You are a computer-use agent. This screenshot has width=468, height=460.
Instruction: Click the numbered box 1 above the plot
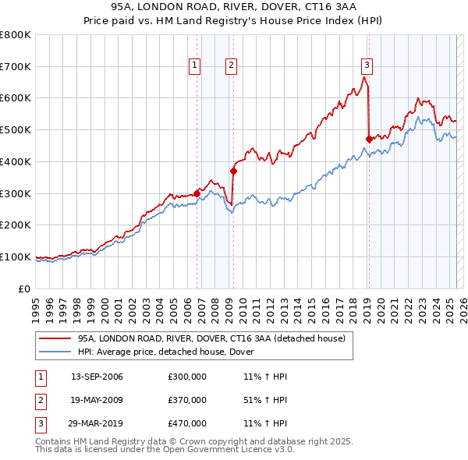click(x=193, y=66)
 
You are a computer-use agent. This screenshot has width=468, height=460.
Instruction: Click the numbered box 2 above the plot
click(x=232, y=66)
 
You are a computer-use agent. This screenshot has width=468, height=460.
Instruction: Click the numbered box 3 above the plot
click(x=367, y=66)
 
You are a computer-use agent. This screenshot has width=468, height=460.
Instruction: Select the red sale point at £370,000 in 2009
click(x=233, y=171)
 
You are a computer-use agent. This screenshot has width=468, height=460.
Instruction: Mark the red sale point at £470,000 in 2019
click(x=369, y=139)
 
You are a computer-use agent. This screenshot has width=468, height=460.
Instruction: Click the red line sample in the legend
click(x=55, y=338)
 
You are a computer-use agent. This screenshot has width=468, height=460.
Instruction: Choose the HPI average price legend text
click(x=171, y=352)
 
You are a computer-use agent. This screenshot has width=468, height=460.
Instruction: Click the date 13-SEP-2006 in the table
click(x=97, y=377)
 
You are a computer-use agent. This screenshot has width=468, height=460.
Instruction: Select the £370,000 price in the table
click(x=187, y=400)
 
